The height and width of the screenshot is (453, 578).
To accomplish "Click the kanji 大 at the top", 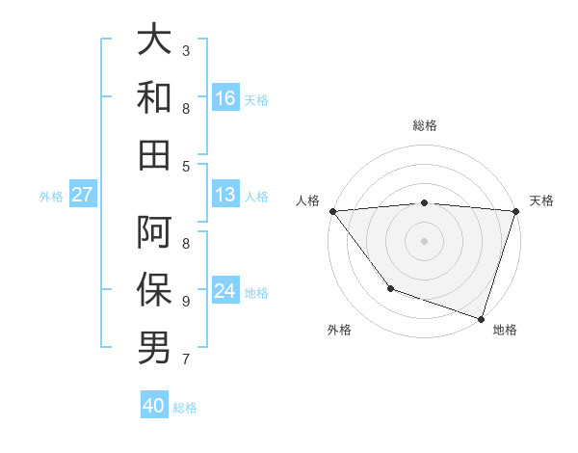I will coord(154,40).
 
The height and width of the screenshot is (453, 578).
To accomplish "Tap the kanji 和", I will coord(154,97).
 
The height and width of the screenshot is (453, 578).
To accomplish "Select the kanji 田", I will coord(154,155).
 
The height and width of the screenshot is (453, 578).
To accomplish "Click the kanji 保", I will coord(154,290).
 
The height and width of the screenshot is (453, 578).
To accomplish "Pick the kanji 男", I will coord(154,348).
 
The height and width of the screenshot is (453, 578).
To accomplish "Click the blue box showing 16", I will coord(225,97).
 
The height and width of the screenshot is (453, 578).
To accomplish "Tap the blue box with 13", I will coord(225,195).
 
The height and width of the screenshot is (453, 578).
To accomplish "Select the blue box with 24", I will coord(225,291).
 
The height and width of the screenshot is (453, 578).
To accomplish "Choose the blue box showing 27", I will coord(83,195).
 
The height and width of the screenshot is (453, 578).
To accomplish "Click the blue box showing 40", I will coord(154,406).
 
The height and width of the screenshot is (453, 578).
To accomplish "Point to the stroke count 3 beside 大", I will coord(186,50).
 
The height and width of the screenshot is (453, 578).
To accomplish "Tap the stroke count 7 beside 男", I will coord(186,360).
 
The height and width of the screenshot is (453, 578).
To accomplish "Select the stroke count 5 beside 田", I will coord(186,166).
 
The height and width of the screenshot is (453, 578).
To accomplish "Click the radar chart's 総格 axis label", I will coord(424,125).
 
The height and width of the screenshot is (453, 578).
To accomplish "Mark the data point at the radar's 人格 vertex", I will coord(332,210).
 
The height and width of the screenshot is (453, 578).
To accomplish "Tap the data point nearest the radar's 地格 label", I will coord(481,318).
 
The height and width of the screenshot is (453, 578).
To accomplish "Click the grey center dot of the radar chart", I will coord(424,240).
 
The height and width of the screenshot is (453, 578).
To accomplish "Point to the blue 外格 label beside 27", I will coord(51,196).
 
